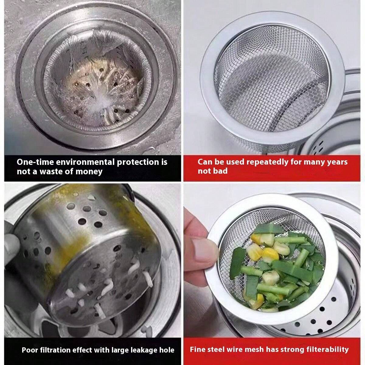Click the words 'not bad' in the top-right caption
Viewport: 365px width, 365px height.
213,171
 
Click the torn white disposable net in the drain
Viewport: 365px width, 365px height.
91,76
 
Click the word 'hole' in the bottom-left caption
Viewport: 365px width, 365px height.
167,350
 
